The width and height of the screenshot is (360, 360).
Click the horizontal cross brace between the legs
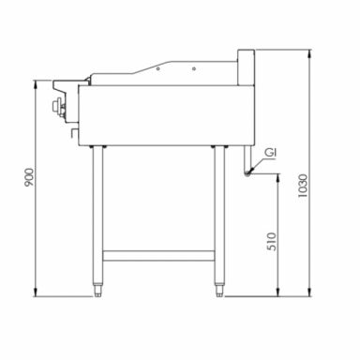tap(159, 254)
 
